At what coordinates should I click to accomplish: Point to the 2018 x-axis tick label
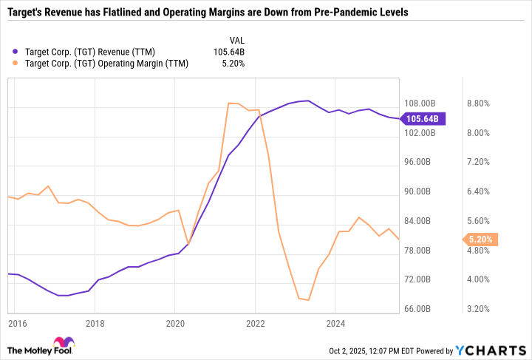(x=95, y=323)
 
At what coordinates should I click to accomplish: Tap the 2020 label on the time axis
(x=174, y=323)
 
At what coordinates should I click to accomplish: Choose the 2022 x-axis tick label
(x=255, y=323)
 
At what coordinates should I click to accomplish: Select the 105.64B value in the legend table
(x=228, y=51)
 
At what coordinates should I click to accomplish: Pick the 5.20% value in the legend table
(x=233, y=64)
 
